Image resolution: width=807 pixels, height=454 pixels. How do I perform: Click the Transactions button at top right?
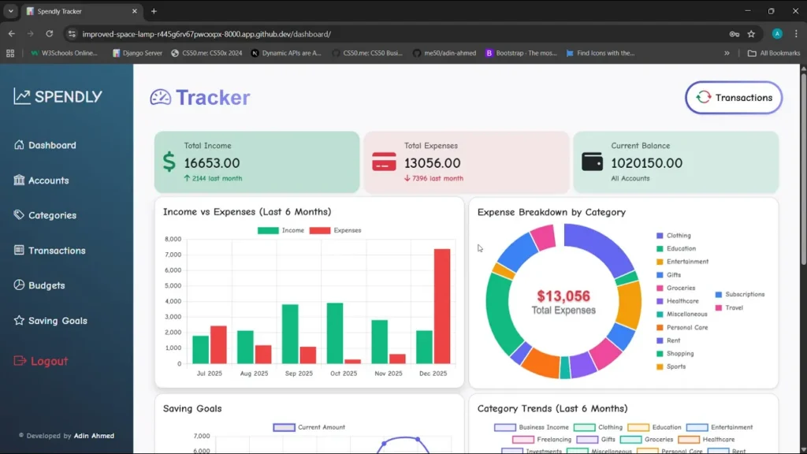click(x=734, y=98)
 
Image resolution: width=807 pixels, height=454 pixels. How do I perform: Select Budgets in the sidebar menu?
click(x=46, y=285)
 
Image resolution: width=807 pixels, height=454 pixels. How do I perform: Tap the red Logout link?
click(x=49, y=361)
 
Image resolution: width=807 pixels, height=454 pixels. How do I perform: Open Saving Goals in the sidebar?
click(x=58, y=321)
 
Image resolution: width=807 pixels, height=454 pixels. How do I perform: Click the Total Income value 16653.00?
click(x=212, y=163)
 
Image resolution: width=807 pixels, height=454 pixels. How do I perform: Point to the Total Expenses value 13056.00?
click(x=432, y=163)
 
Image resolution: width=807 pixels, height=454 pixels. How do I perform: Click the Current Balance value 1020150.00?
click(x=647, y=163)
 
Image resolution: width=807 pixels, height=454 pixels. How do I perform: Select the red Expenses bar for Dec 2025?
click(x=442, y=307)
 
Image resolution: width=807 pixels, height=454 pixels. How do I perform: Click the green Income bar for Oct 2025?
click(x=335, y=333)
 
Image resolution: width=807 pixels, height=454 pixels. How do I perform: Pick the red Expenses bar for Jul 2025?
click(x=218, y=344)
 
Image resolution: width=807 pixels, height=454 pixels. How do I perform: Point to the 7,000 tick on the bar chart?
click(x=173, y=255)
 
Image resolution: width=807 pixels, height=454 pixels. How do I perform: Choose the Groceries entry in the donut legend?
click(x=680, y=288)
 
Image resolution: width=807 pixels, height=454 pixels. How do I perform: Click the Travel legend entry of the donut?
click(x=734, y=307)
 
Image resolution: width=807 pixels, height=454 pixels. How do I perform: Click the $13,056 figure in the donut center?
click(x=563, y=296)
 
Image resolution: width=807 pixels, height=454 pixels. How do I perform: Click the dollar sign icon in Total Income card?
click(x=169, y=162)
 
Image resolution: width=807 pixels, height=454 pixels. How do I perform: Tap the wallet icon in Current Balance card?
click(x=592, y=161)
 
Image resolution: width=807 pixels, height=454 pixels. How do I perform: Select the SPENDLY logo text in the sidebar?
click(x=68, y=97)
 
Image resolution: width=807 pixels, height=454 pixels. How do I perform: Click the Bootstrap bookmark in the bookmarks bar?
click(x=521, y=53)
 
